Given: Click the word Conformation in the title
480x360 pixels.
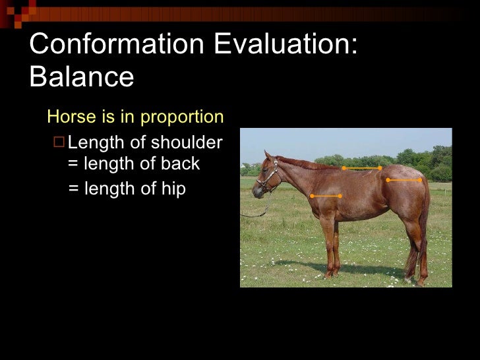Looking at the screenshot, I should click(x=115, y=45).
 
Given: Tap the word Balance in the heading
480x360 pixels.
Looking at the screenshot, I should click(x=82, y=77).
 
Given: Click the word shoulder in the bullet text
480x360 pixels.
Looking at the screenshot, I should click(x=188, y=142).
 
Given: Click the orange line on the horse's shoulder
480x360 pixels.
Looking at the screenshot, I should click(x=326, y=196).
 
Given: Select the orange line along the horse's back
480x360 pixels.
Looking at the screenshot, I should click(x=361, y=168).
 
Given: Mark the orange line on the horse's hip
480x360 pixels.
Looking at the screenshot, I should click(x=404, y=179).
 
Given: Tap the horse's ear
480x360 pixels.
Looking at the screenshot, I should click(x=268, y=156).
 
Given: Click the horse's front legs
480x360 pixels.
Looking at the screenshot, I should click(x=329, y=244).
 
